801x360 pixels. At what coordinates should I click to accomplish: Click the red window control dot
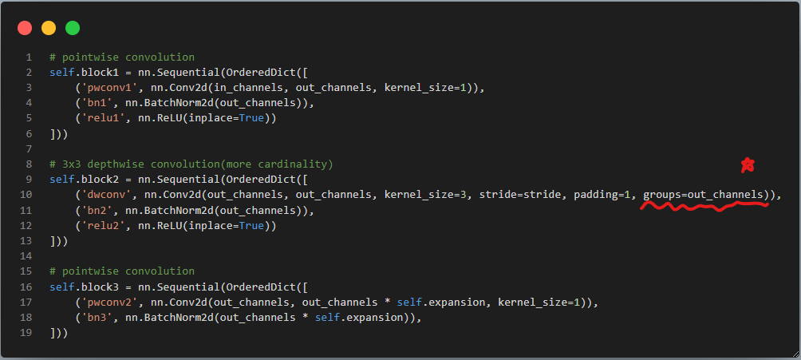coord(25,28)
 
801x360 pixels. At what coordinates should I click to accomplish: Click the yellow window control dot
coord(49,28)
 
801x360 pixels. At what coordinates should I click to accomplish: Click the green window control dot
coord(73,28)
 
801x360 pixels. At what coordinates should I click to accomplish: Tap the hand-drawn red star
coord(748,166)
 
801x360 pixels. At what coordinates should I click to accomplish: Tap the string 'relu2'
coord(101,226)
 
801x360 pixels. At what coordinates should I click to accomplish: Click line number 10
coord(27,195)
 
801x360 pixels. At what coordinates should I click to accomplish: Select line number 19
coord(27,333)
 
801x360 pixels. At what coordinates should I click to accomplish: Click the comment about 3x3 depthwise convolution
coord(191,164)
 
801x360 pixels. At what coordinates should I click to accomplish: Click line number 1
coord(29,57)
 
